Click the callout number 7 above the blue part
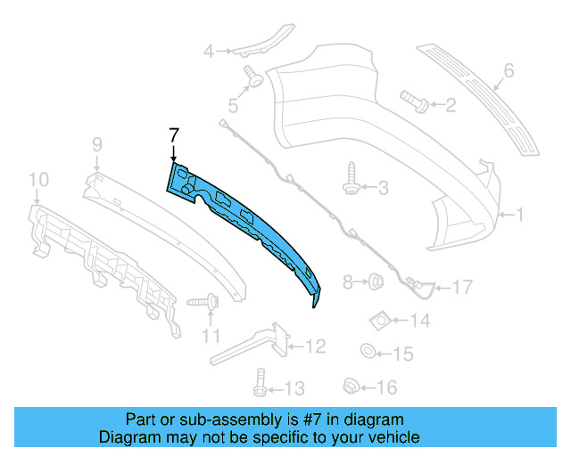coord(174,134)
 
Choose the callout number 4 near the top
coord(209,52)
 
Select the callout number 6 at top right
coord(509,69)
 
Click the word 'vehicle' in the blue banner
coord(393,437)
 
